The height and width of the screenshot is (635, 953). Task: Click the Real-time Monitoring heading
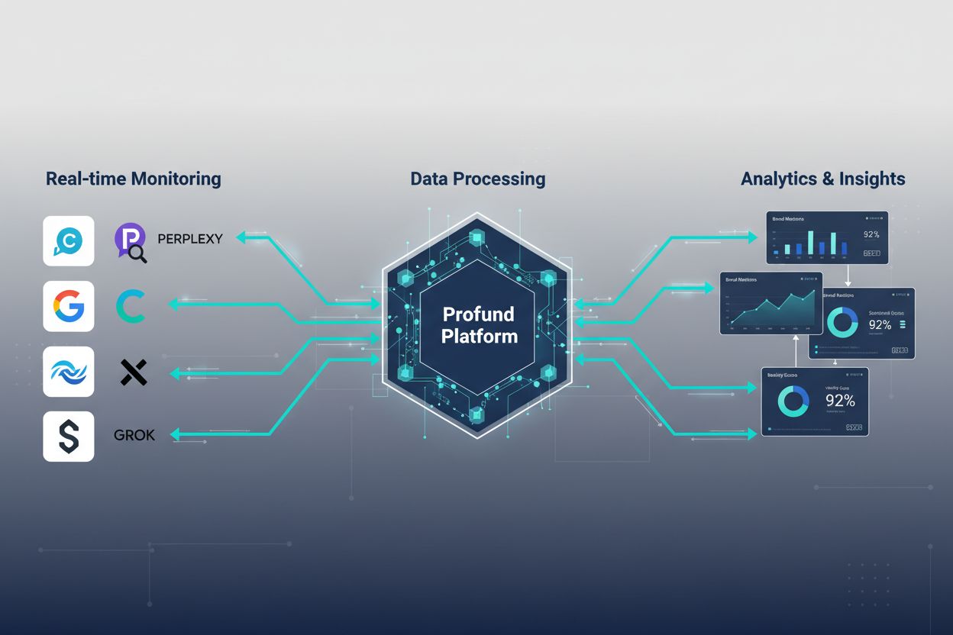pos(134,179)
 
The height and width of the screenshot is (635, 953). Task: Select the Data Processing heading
pos(478,179)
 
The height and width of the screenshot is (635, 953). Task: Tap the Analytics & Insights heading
pos(822,179)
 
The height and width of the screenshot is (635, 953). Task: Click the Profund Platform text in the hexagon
pos(479,325)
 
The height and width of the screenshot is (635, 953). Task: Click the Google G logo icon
pos(69,306)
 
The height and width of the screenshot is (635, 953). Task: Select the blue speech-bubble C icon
pos(69,241)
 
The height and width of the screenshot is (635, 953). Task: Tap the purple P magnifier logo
pos(131,243)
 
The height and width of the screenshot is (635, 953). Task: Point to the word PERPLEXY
pos(190,239)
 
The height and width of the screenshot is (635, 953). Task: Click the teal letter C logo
pos(131,306)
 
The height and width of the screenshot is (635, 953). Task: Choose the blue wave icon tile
pos(69,372)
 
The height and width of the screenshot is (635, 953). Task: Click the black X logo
pos(134,372)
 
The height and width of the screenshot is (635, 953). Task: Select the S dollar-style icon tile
pos(69,437)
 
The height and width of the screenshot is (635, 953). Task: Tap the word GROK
pos(134,435)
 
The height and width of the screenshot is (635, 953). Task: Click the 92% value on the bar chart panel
pos(871,235)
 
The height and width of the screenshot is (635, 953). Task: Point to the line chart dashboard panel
pos(770,303)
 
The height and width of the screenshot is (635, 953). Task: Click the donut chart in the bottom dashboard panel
pos(792,401)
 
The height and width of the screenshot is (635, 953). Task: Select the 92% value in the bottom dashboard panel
pos(840,401)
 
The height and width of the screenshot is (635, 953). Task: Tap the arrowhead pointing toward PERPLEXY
pos(241,238)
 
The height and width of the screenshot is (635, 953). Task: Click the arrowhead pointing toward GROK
pos(175,434)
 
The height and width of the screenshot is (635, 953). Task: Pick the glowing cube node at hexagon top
pos(478,239)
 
